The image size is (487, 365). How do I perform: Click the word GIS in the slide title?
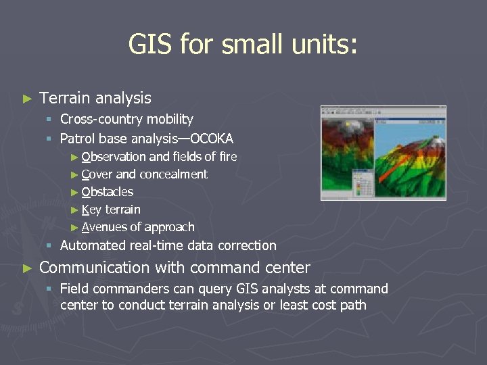150,45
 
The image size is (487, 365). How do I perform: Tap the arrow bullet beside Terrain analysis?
27,99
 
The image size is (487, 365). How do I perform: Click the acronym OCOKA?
212,139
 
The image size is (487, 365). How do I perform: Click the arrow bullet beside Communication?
27,268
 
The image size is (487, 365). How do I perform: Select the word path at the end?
354,305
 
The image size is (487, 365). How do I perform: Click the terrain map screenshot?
383,153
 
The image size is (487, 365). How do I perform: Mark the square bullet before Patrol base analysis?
49,140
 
